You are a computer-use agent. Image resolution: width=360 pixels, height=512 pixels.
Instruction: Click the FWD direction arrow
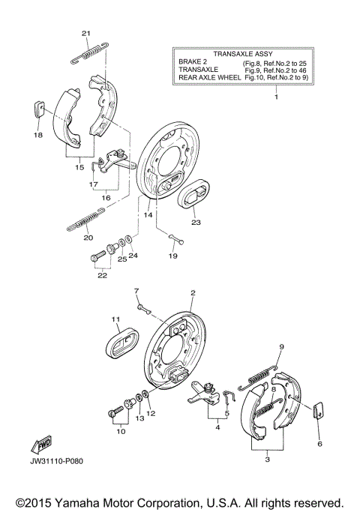click(x=42, y=445)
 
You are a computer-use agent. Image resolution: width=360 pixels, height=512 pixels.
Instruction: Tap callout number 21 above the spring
click(x=86, y=33)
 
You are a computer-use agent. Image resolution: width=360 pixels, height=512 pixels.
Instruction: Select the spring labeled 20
click(x=86, y=219)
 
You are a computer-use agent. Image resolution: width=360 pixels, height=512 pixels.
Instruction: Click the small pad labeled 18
click(x=39, y=108)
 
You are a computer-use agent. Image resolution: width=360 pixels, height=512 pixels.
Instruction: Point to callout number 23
click(x=196, y=223)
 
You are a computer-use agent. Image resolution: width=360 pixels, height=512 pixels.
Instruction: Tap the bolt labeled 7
click(x=145, y=310)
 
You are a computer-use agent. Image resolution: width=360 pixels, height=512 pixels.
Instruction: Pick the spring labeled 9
click(x=258, y=378)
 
